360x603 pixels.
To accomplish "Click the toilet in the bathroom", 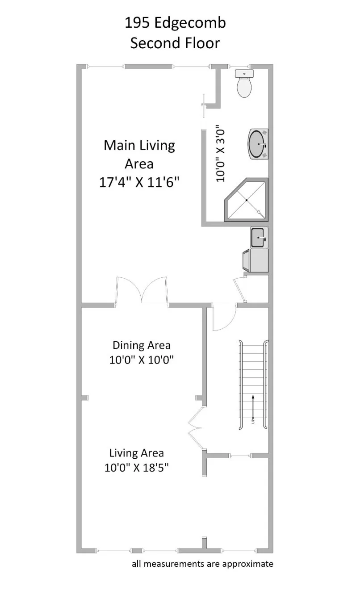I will pyautogui.click(x=244, y=84).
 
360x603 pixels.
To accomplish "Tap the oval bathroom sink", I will pyautogui.click(x=258, y=144).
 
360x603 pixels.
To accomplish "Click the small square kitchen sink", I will pyautogui.click(x=259, y=237).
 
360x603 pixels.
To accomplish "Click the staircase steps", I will pyautogui.click(x=253, y=384).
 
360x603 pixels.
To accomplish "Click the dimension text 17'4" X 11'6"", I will pyautogui.click(x=139, y=183).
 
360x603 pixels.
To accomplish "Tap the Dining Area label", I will pyautogui.click(x=141, y=345).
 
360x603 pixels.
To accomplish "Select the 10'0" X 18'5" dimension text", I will pyautogui.click(x=138, y=468).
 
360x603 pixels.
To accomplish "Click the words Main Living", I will pyautogui.click(x=139, y=145).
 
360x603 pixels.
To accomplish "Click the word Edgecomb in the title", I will pyautogui.click(x=190, y=23).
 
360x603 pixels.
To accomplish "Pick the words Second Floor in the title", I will pyautogui.click(x=175, y=43).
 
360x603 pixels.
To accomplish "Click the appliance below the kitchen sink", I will pyautogui.click(x=255, y=261).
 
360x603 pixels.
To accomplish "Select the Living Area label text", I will pyautogui.click(x=137, y=453).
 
